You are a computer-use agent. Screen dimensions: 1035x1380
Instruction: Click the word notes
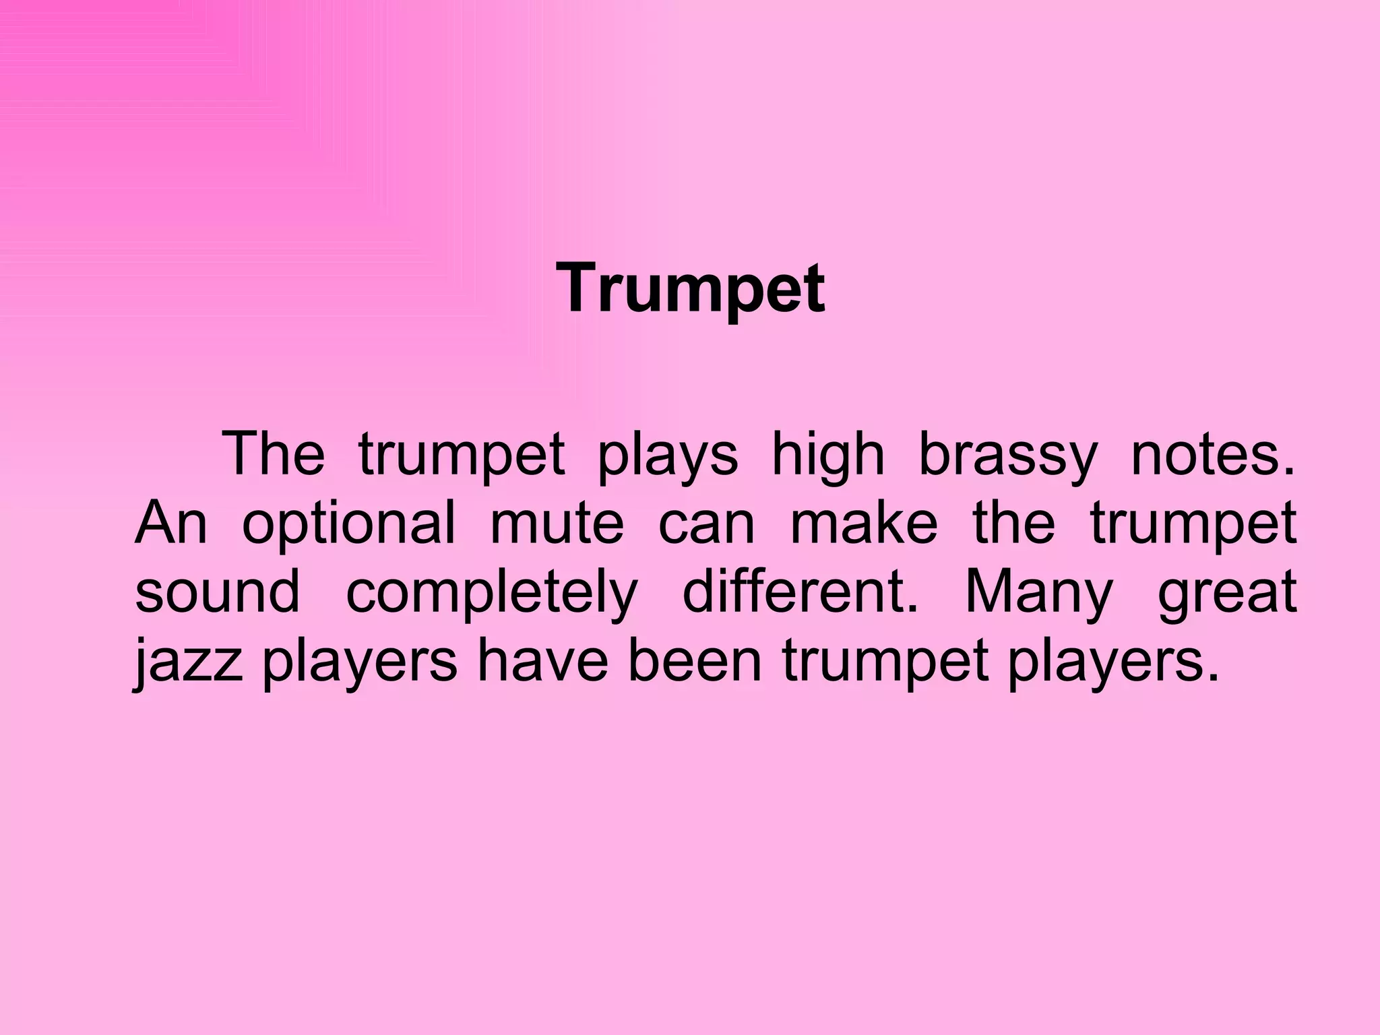pyautogui.click(x=1213, y=455)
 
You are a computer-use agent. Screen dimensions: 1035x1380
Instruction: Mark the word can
pyautogui.click(x=706, y=524)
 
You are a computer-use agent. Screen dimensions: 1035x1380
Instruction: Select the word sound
pyautogui.click(x=217, y=591)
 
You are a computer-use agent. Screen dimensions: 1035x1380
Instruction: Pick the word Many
pyautogui.click(x=1038, y=592)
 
